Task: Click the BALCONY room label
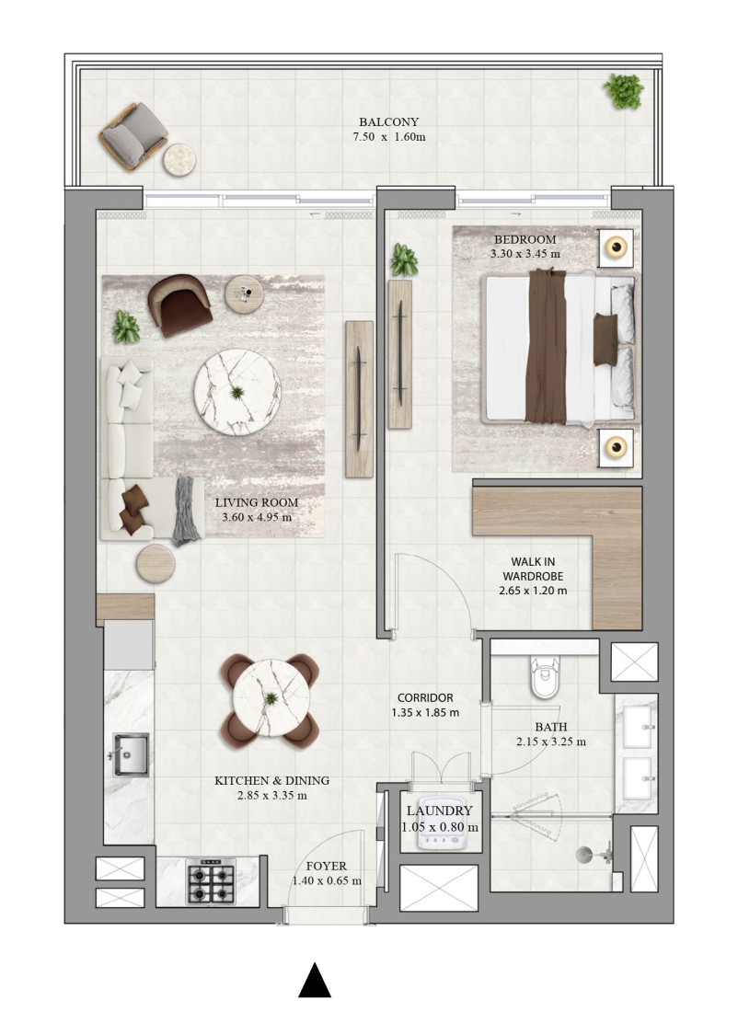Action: pos(388,121)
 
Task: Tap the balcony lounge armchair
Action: pos(133,137)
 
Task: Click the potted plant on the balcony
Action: pos(624,91)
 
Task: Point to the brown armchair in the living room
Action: pos(179,305)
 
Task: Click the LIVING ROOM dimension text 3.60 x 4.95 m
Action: pos(257,517)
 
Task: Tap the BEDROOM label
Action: pos(525,239)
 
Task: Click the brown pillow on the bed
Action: pos(605,330)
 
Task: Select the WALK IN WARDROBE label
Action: pos(533,569)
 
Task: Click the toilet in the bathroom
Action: pos(545,678)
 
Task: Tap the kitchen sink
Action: pos(131,753)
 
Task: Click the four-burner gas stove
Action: pos(210,881)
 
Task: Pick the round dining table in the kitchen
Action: pos(271,698)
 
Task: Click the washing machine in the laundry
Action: pos(441,833)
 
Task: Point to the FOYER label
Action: pos(326,866)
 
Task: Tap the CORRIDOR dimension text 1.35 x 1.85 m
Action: pos(425,712)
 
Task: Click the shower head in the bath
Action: pos(583,855)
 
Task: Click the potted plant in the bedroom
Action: pos(404,259)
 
